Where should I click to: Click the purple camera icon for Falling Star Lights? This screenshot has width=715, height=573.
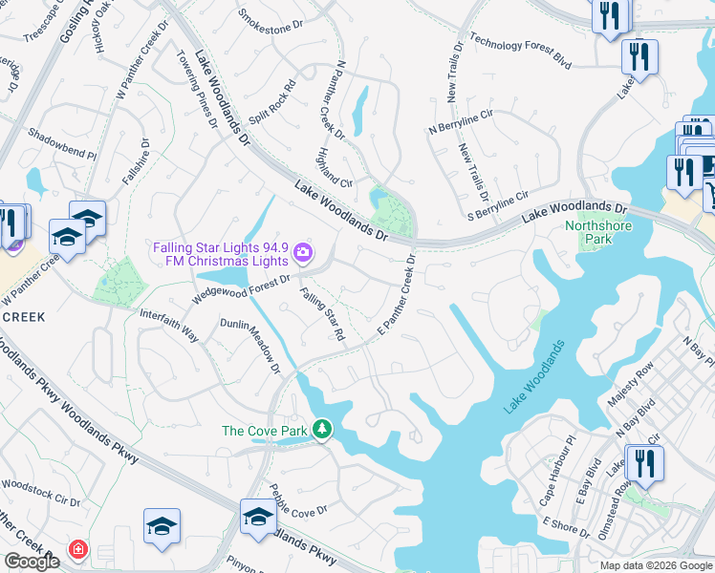(303, 253)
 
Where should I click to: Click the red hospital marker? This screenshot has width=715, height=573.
(77, 550)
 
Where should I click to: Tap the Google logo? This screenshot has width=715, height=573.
(32, 562)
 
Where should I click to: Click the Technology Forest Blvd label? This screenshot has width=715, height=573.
(521, 55)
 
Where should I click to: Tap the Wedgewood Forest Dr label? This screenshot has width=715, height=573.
(242, 288)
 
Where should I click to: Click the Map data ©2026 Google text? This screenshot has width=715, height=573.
(655, 565)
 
